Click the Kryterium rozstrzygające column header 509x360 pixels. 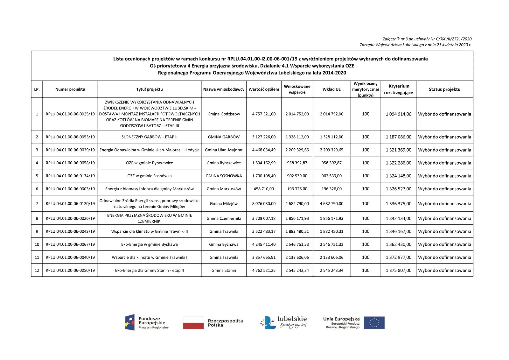click(398, 89)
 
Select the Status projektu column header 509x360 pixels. click(444, 89)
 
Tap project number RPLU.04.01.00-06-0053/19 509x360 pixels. click(70, 137)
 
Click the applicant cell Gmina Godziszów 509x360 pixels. click(224, 114)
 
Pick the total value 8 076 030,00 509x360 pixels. click(264, 204)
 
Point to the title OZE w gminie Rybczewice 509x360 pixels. click(150, 163)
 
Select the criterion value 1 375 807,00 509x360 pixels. click(398, 271)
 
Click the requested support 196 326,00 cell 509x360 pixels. click(297, 189)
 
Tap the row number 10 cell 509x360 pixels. click(37, 244)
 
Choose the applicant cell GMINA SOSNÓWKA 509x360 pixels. click(224, 176)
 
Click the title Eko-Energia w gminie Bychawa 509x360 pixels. click(150, 244)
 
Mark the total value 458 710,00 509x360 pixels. click(264, 189)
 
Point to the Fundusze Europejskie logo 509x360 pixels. click(147, 322)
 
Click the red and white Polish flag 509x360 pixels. click(193, 322)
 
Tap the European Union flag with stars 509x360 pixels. click(374, 323)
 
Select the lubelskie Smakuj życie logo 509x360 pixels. click(284, 322)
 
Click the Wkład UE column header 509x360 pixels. click(331, 89)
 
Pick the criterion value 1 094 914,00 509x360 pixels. click(398, 114)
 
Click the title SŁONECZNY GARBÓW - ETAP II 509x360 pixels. click(150, 137)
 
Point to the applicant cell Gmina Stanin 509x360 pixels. click(224, 271)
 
